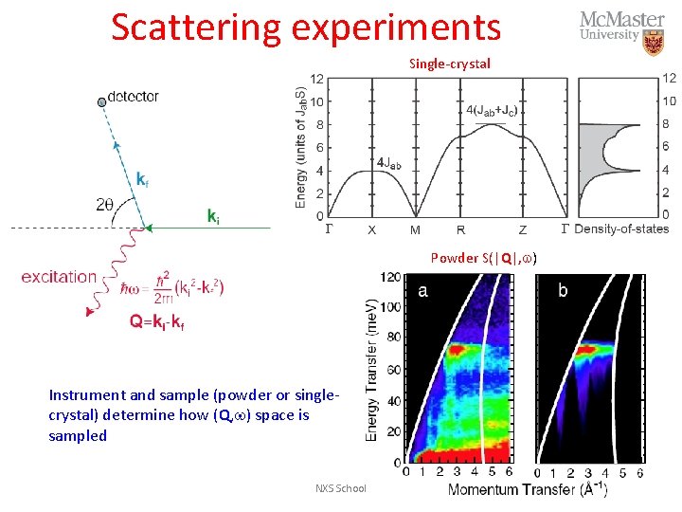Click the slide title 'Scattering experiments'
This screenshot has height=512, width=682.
click(x=305, y=27)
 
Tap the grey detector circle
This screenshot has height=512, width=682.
click(x=101, y=101)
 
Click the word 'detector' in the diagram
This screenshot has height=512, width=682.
click(x=134, y=97)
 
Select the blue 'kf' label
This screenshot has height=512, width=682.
click(x=141, y=178)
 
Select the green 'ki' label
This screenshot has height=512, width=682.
click(x=214, y=216)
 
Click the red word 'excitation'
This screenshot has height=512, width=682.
click(x=59, y=277)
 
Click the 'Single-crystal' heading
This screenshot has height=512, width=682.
click(x=450, y=64)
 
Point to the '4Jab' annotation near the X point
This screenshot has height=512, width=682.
click(x=389, y=163)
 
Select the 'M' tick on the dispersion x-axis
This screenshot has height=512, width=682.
click(x=415, y=229)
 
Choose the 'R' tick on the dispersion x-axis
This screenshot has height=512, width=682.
click(x=461, y=229)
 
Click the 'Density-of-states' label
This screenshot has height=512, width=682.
click(x=622, y=229)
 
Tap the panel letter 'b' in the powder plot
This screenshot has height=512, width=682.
click(x=563, y=290)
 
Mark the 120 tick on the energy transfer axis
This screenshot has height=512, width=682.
click(x=389, y=278)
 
